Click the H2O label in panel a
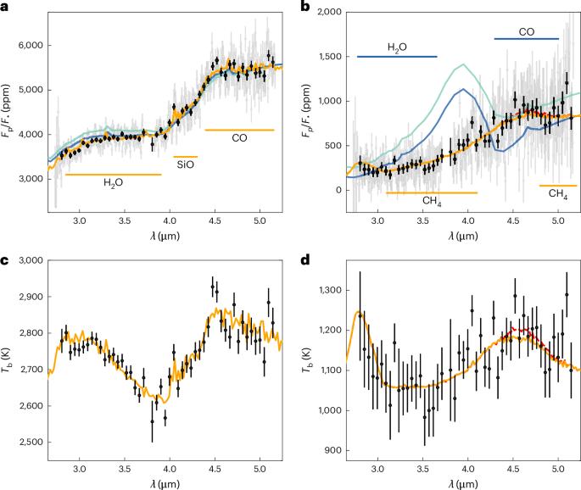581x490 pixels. (x=113, y=183)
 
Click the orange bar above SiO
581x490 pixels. (x=185, y=157)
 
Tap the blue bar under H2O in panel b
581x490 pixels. (x=397, y=57)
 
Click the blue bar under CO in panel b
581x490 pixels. (x=527, y=39)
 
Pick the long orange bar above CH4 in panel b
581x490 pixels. (x=432, y=193)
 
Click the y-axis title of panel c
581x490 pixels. (x=8, y=359)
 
